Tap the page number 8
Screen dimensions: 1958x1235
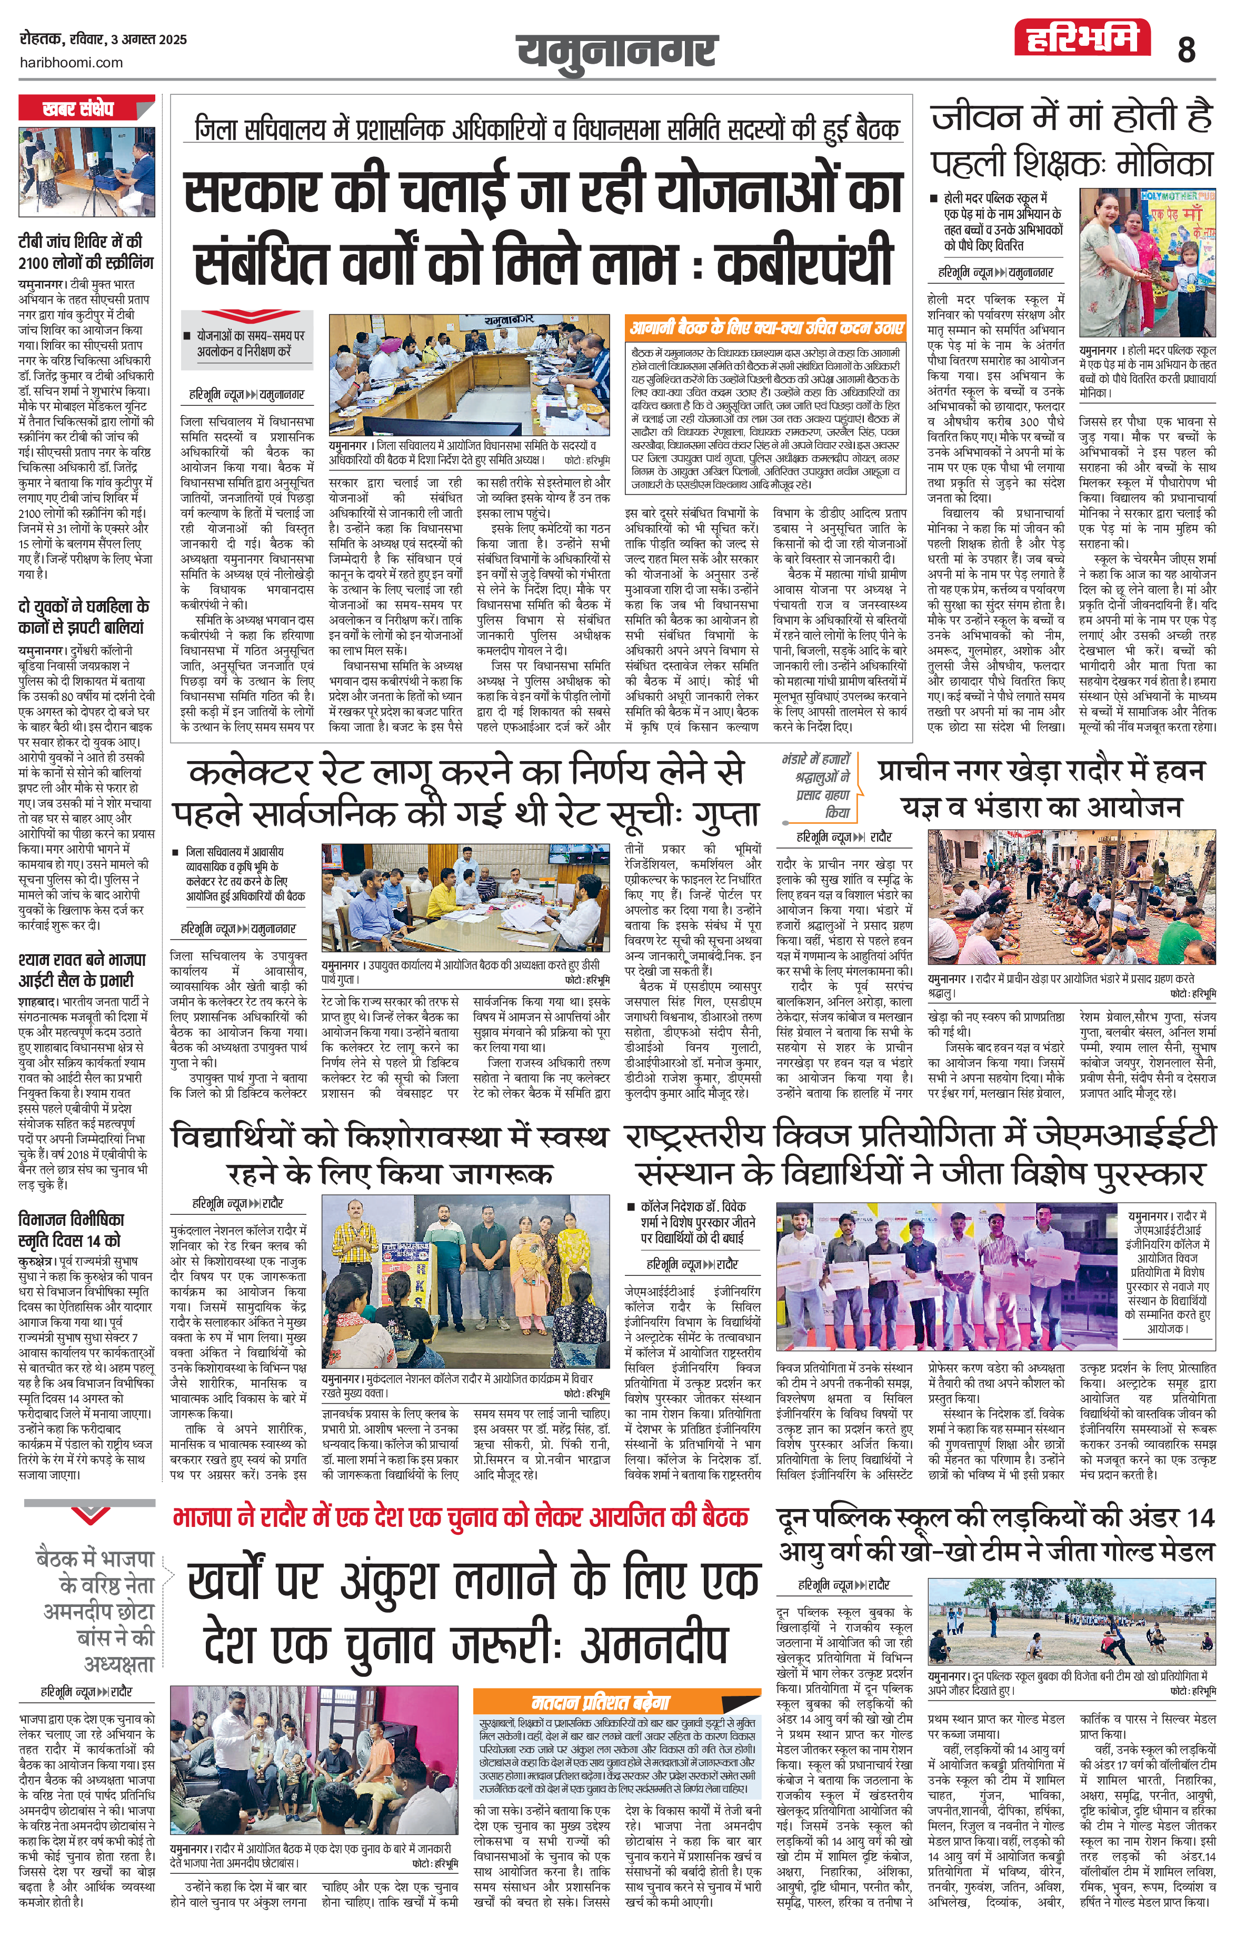(1186, 51)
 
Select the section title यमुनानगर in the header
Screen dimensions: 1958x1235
(617, 51)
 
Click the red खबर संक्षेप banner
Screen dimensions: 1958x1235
(78, 108)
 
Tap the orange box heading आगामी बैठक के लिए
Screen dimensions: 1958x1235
(766, 328)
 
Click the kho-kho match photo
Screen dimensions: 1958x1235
(1072, 1623)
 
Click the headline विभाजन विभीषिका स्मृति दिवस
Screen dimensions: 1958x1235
(71, 1230)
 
